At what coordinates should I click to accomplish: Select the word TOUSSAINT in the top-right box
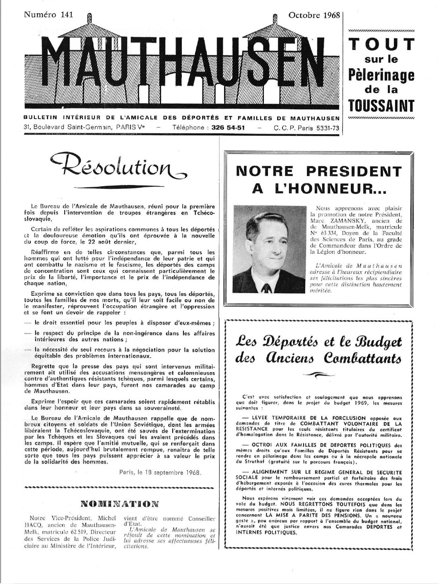381,106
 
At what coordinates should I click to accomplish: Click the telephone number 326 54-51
228,128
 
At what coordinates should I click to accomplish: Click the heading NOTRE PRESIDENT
318,171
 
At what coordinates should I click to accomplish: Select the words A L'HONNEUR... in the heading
319,189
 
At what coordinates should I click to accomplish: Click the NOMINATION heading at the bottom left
120,504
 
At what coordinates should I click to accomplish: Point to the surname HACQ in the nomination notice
39,525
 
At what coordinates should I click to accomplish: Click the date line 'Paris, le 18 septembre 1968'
160,472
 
